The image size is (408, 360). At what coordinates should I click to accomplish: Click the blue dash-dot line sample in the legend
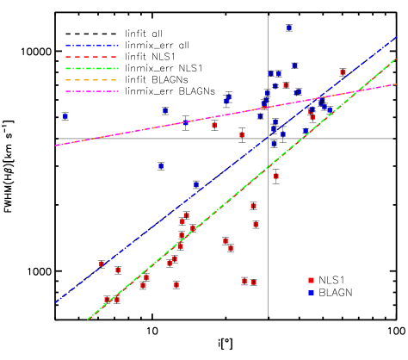coord(91,46)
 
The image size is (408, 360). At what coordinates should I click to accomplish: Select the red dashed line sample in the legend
coord(91,57)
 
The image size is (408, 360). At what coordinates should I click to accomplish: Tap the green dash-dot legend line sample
coord(91,68)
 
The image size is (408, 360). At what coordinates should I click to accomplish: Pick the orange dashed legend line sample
coord(91,80)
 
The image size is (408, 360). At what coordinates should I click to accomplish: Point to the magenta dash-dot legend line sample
coord(91,91)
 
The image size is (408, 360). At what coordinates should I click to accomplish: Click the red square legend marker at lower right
coord(311,281)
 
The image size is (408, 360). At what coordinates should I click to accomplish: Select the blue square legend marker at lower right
coord(311,293)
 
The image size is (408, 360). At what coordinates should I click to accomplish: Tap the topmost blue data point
coord(289,28)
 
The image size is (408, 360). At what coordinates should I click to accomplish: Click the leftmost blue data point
coord(65,115)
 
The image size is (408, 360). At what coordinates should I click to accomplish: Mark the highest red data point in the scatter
coord(343,73)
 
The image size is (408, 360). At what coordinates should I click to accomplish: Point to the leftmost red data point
coord(102,264)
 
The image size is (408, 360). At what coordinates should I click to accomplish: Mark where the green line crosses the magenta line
coord(355,91)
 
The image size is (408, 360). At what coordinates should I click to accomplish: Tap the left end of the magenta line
coord(56,146)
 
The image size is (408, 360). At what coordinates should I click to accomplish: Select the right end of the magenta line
coord(396,84)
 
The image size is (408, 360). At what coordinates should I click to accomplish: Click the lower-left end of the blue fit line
coord(56,302)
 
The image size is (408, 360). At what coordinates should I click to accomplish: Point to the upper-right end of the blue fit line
coord(396,37)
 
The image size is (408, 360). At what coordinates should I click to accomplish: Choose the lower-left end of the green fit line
coord(87,320)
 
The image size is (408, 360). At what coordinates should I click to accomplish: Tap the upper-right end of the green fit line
coord(396,59)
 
